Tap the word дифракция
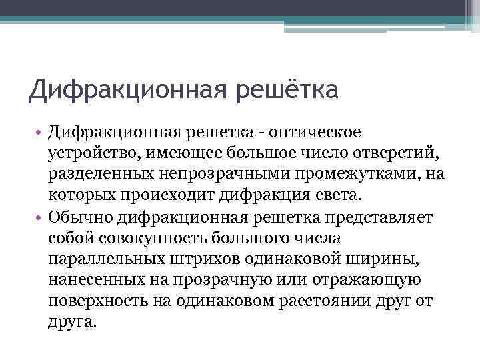(274, 195)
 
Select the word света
(339, 195)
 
